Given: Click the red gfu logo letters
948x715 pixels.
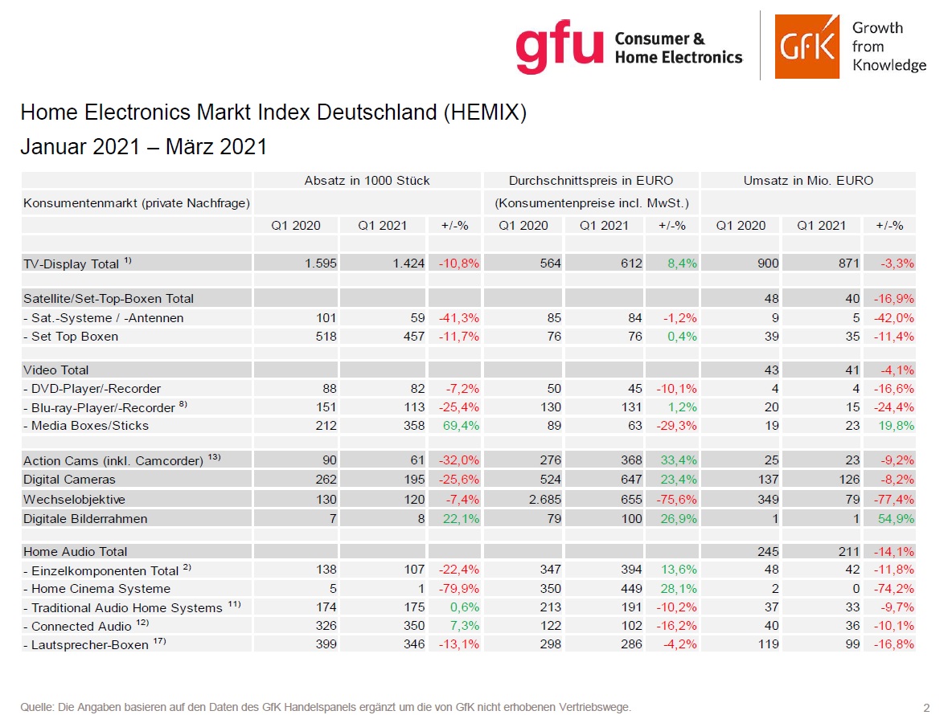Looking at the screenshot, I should point(559,47).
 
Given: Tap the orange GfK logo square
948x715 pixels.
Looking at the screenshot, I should point(806,46).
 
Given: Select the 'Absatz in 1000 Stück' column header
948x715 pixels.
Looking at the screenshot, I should point(367,181).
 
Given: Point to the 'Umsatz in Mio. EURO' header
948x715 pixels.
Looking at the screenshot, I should point(809,181).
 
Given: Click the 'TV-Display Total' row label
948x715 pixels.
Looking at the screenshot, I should point(72,264).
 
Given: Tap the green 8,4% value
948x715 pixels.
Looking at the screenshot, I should point(681,264).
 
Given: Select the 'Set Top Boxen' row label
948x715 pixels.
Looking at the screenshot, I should point(75,337).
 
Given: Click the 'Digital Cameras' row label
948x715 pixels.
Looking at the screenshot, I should point(69,480).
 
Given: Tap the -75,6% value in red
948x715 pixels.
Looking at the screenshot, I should point(679,499).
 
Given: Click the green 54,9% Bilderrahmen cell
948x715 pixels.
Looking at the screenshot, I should point(896,519).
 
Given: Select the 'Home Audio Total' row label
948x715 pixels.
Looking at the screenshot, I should point(75,552).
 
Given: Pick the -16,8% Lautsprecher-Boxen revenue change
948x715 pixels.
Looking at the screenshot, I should point(896,644).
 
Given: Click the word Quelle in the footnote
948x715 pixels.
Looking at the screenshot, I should point(35,707).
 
